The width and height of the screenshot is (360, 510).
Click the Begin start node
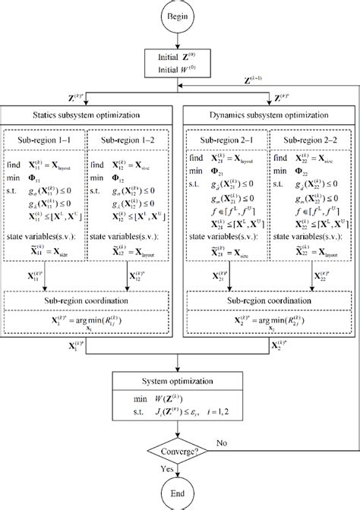tap(179, 15)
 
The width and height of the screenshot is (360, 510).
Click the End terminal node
tap(179, 493)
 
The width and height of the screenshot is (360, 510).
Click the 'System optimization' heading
tap(179, 380)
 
